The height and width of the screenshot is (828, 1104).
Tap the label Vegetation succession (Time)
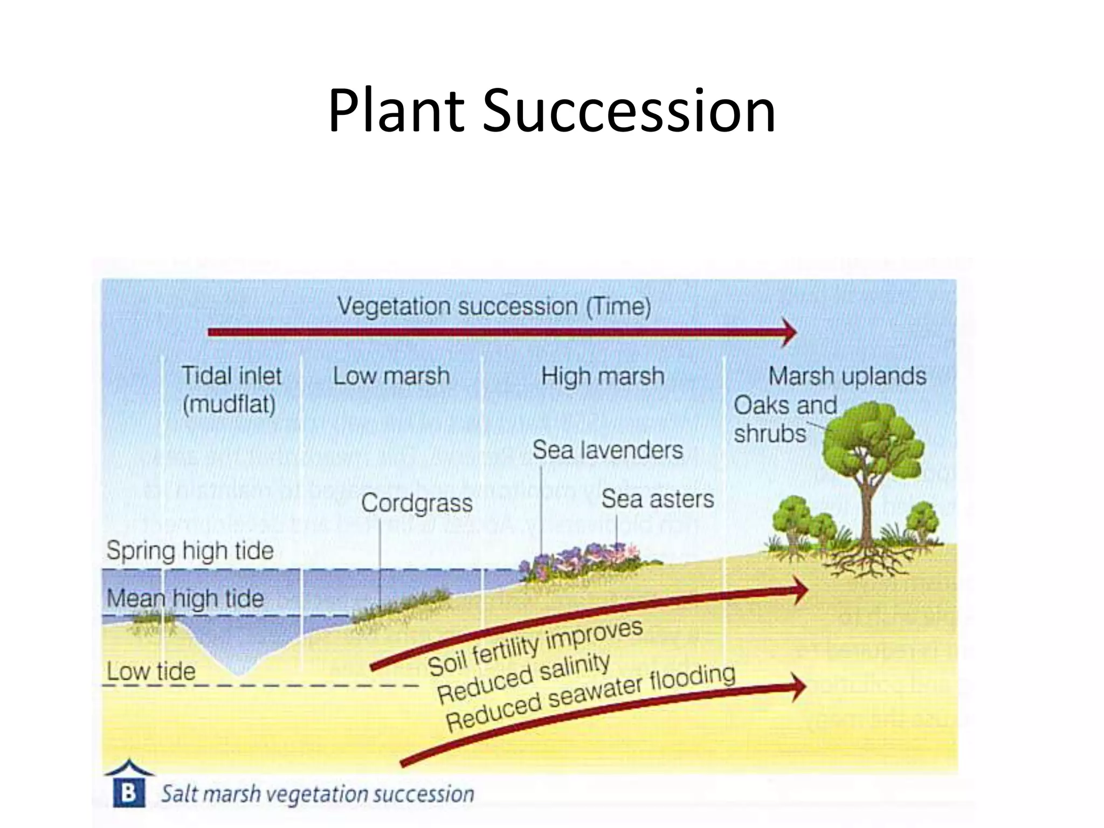pyautogui.click(x=494, y=307)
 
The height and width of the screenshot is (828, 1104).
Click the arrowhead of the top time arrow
pyautogui.click(x=790, y=332)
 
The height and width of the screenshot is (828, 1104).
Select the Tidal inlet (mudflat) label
pyautogui.click(x=231, y=390)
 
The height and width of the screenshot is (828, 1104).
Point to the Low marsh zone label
pyautogui.click(x=391, y=376)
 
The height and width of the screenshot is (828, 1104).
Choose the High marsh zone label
pyautogui.click(x=602, y=376)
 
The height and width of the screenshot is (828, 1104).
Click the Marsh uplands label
pyautogui.click(x=847, y=376)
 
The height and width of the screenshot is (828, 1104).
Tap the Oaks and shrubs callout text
pyautogui.click(x=784, y=419)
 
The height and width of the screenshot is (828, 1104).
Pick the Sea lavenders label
pyautogui.click(x=607, y=450)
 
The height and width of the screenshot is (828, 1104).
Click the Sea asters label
pyautogui.click(x=657, y=499)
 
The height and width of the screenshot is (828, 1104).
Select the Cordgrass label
pyautogui.click(x=417, y=503)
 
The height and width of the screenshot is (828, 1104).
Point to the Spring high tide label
pyautogui.click(x=190, y=551)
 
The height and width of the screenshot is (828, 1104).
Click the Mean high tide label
pyautogui.click(x=185, y=598)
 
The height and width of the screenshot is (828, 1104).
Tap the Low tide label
pyautogui.click(x=151, y=672)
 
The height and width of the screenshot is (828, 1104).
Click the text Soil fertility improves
pyautogui.click(x=535, y=647)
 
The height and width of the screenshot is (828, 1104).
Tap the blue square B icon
pyautogui.click(x=129, y=793)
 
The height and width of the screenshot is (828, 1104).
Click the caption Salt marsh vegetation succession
pyautogui.click(x=318, y=794)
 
